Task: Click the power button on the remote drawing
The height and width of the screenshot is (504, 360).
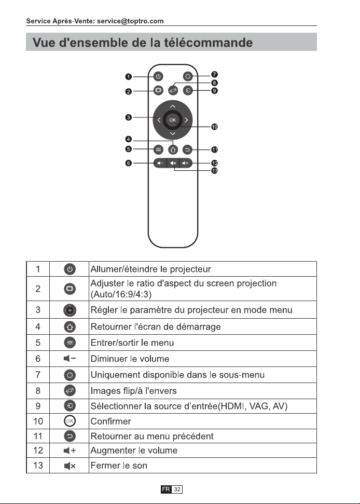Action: click(x=158, y=76)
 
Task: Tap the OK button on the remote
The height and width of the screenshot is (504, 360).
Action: click(x=173, y=120)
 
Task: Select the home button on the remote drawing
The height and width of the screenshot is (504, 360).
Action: click(x=173, y=149)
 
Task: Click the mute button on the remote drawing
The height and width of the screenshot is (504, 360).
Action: click(x=173, y=164)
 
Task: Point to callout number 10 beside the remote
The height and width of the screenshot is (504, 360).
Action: click(x=215, y=127)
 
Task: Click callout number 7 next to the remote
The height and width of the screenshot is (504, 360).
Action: click(x=215, y=75)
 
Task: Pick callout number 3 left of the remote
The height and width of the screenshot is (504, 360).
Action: click(x=129, y=117)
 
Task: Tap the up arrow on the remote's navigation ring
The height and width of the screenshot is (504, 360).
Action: click(x=173, y=106)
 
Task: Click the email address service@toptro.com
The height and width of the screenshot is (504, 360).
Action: click(x=130, y=21)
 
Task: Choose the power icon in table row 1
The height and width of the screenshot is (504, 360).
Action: click(x=70, y=269)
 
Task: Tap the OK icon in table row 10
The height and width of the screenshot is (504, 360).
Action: click(x=70, y=421)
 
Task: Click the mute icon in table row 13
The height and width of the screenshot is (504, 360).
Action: click(x=70, y=466)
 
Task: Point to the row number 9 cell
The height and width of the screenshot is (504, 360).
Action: click(x=38, y=406)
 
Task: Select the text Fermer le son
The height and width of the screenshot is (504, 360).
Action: click(x=119, y=466)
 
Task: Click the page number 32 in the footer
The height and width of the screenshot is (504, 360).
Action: click(x=177, y=489)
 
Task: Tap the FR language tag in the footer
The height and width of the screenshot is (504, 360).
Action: click(x=166, y=489)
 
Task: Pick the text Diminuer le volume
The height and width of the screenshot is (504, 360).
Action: click(x=130, y=359)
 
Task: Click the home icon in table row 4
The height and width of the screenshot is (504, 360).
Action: click(x=70, y=327)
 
